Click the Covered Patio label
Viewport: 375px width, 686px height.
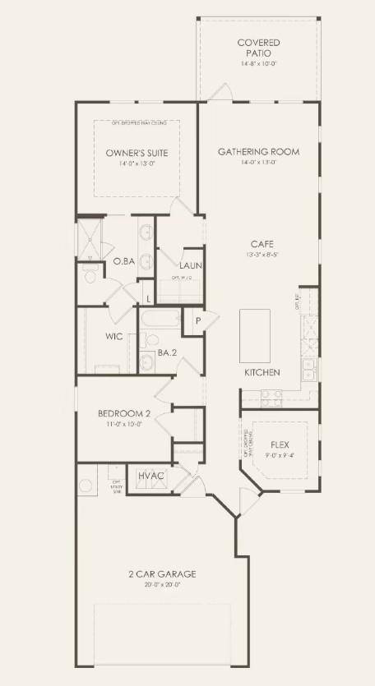coord(258,47)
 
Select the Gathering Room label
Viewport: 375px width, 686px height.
coord(258,151)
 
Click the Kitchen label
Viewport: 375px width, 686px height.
coord(262,372)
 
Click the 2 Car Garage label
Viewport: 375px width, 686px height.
coord(162,573)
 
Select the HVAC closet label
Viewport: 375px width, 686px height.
coord(150,476)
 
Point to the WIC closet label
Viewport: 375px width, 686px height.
coord(114,336)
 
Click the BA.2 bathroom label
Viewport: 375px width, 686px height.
coord(168,353)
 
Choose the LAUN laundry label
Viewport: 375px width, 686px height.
coord(192,265)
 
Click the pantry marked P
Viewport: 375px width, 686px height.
coord(198,321)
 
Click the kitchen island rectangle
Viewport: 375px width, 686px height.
coord(254,335)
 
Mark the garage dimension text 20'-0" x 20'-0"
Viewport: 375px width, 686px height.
coord(162,585)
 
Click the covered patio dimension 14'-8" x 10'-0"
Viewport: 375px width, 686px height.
coord(258,63)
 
